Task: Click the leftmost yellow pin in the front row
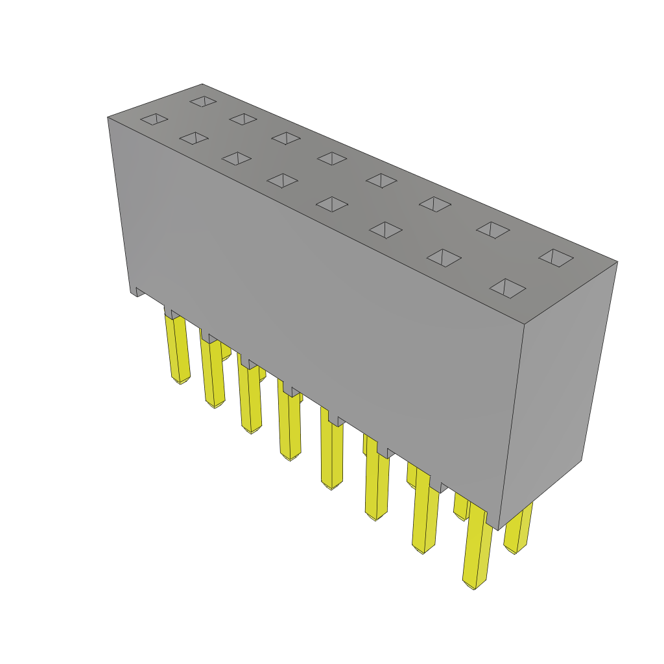click(x=176, y=350)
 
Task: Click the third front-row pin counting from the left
click(x=250, y=399)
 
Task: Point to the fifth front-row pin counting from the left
click(x=331, y=454)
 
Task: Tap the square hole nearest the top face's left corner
click(x=154, y=119)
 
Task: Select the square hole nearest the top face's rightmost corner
click(x=556, y=257)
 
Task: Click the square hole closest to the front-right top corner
click(x=507, y=288)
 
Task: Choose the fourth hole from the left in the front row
click(x=282, y=180)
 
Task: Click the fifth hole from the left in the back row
click(x=381, y=180)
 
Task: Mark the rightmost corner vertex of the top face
click(x=617, y=263)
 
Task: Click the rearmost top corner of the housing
click(x=202, y=85)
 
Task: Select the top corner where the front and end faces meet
click(x=524, y=324)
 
